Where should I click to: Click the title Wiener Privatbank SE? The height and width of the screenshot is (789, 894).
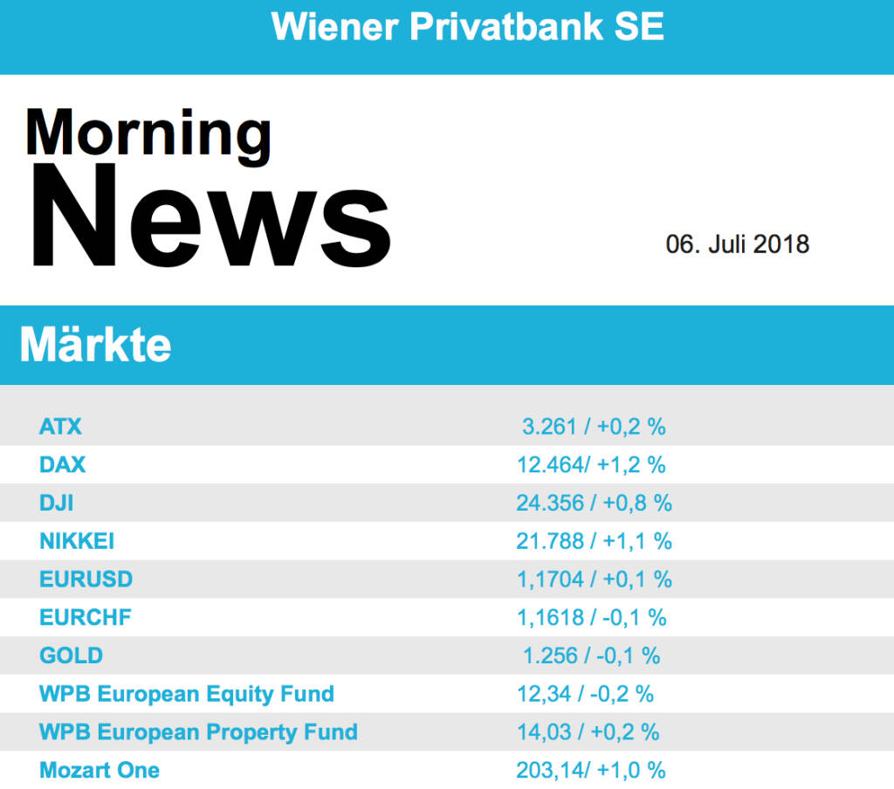click(468, 27)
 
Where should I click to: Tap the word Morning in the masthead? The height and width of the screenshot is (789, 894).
click(148, 134)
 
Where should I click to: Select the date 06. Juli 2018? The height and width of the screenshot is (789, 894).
click(738, 244)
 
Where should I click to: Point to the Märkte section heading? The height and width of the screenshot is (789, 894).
click(95, 346)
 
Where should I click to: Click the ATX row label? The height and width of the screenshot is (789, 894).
click(60, 427)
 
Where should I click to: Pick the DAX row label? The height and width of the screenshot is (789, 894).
click(63, 465)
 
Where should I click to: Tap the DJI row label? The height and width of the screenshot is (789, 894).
click(57, 503)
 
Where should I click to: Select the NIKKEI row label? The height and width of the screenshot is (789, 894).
click(77, 541)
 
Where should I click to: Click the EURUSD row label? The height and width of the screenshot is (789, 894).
click(86, 580)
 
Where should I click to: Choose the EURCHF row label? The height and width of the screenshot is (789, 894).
click(86, 618)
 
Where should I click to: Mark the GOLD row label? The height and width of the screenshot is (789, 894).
click(71, 655)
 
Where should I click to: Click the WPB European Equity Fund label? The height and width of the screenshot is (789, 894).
click(187, 694)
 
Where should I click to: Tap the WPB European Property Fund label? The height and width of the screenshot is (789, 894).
click(198, 731)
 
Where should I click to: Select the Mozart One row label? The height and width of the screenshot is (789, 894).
click(100, 770)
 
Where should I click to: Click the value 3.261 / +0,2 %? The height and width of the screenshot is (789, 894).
click(594, 427)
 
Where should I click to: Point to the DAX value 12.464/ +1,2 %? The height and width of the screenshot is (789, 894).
click(591, 465)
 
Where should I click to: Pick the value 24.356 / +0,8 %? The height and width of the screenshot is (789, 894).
click(594, 503)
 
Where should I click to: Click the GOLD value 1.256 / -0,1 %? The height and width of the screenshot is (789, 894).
click(591, 655)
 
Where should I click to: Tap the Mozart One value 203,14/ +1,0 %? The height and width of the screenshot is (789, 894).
click(591, 770)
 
